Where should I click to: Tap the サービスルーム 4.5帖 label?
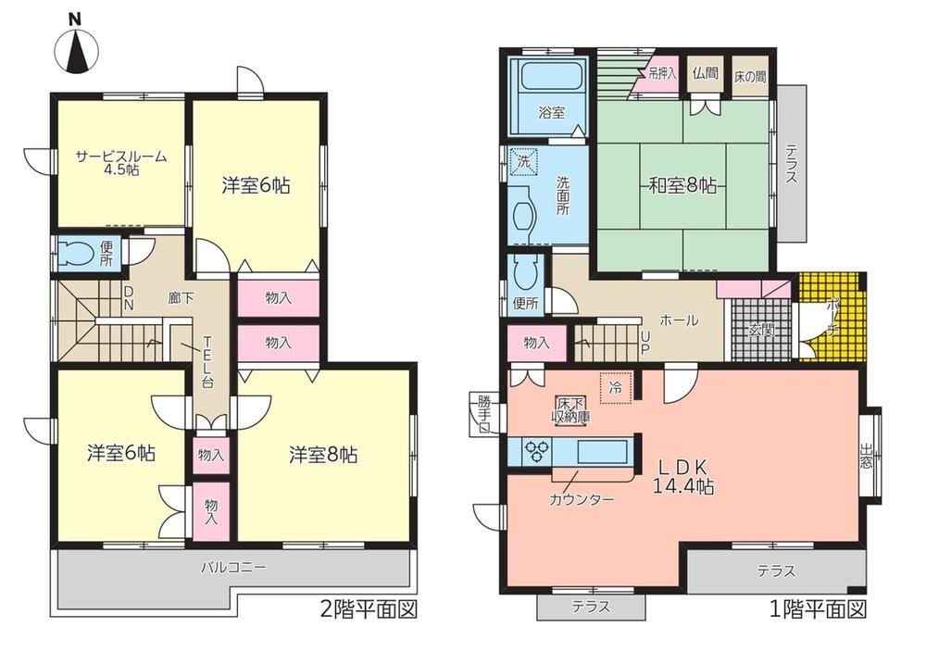click(121, 163)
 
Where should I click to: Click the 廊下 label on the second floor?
click(181, 298)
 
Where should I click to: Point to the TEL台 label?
click(207, 361)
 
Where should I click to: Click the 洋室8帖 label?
click(323, 455)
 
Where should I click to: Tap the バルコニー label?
click(233, 568)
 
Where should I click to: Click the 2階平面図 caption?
click(369, 608)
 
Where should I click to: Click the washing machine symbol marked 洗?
click(524, 160)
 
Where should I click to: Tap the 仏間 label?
click(706, 73)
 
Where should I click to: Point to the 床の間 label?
click(751, 76)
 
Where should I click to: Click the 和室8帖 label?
click(682, 186)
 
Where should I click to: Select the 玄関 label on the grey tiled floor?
click(761, 331)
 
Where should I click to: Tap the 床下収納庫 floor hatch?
click(571, 409)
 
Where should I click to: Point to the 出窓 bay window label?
click(866, 457)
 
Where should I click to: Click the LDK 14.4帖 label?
click(682, 477)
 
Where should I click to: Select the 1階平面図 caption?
click(818, 608)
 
